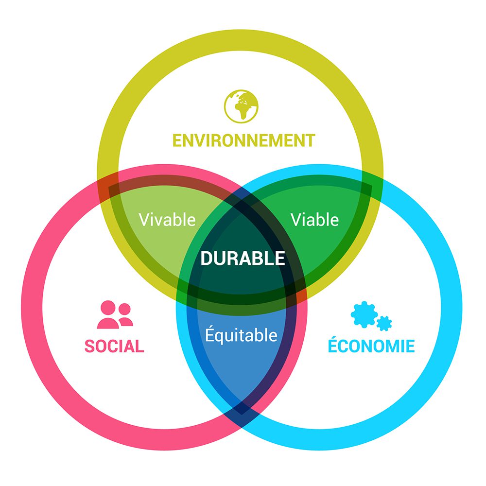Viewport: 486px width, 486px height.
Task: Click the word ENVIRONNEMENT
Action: pos(243,140)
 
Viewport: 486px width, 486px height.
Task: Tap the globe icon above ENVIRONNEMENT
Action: pos(242,104)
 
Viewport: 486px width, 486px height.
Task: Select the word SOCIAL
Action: pos(114,346)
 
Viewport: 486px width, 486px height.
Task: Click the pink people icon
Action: pos(115,315)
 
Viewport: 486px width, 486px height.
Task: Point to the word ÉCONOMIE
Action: pos(371,346)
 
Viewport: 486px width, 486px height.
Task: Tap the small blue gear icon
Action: pos(384,323)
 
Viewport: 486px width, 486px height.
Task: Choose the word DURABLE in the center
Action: pos(243,259)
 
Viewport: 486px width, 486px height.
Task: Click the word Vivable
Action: pos(167,220)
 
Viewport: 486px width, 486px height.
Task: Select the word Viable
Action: pos(314,220)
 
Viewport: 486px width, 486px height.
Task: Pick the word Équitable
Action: pos(241,335)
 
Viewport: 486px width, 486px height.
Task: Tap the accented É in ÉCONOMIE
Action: pos(333,345)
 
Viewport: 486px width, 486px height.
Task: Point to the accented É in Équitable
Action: pos(209,334)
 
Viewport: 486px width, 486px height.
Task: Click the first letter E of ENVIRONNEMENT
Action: pos(177,140)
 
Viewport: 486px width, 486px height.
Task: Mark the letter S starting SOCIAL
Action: pos(89,346)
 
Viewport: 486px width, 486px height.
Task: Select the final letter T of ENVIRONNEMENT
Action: pos(310,140)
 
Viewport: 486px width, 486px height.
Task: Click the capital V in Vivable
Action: pos(144,220)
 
